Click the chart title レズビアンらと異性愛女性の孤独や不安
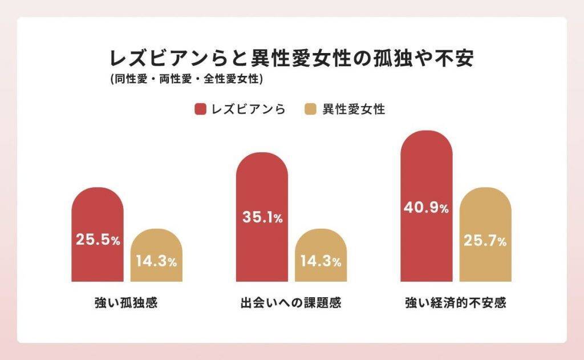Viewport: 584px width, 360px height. (x=291, y=59)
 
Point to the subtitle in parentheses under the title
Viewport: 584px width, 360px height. (x=187, y=80)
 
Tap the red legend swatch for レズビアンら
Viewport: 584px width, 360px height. (x=200, y=110)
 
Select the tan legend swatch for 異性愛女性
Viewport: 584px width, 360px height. (x=311, y=110)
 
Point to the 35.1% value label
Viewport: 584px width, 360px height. (x=262, y=217)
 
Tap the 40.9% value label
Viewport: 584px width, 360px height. (x=427, y=208)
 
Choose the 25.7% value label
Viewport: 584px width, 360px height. (x=485, y=241)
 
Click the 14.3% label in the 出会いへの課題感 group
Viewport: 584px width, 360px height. (x=321, y=262)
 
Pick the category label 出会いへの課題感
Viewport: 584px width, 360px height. (x=291, y=302)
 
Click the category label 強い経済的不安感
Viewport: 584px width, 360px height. (x=456, y=302)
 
